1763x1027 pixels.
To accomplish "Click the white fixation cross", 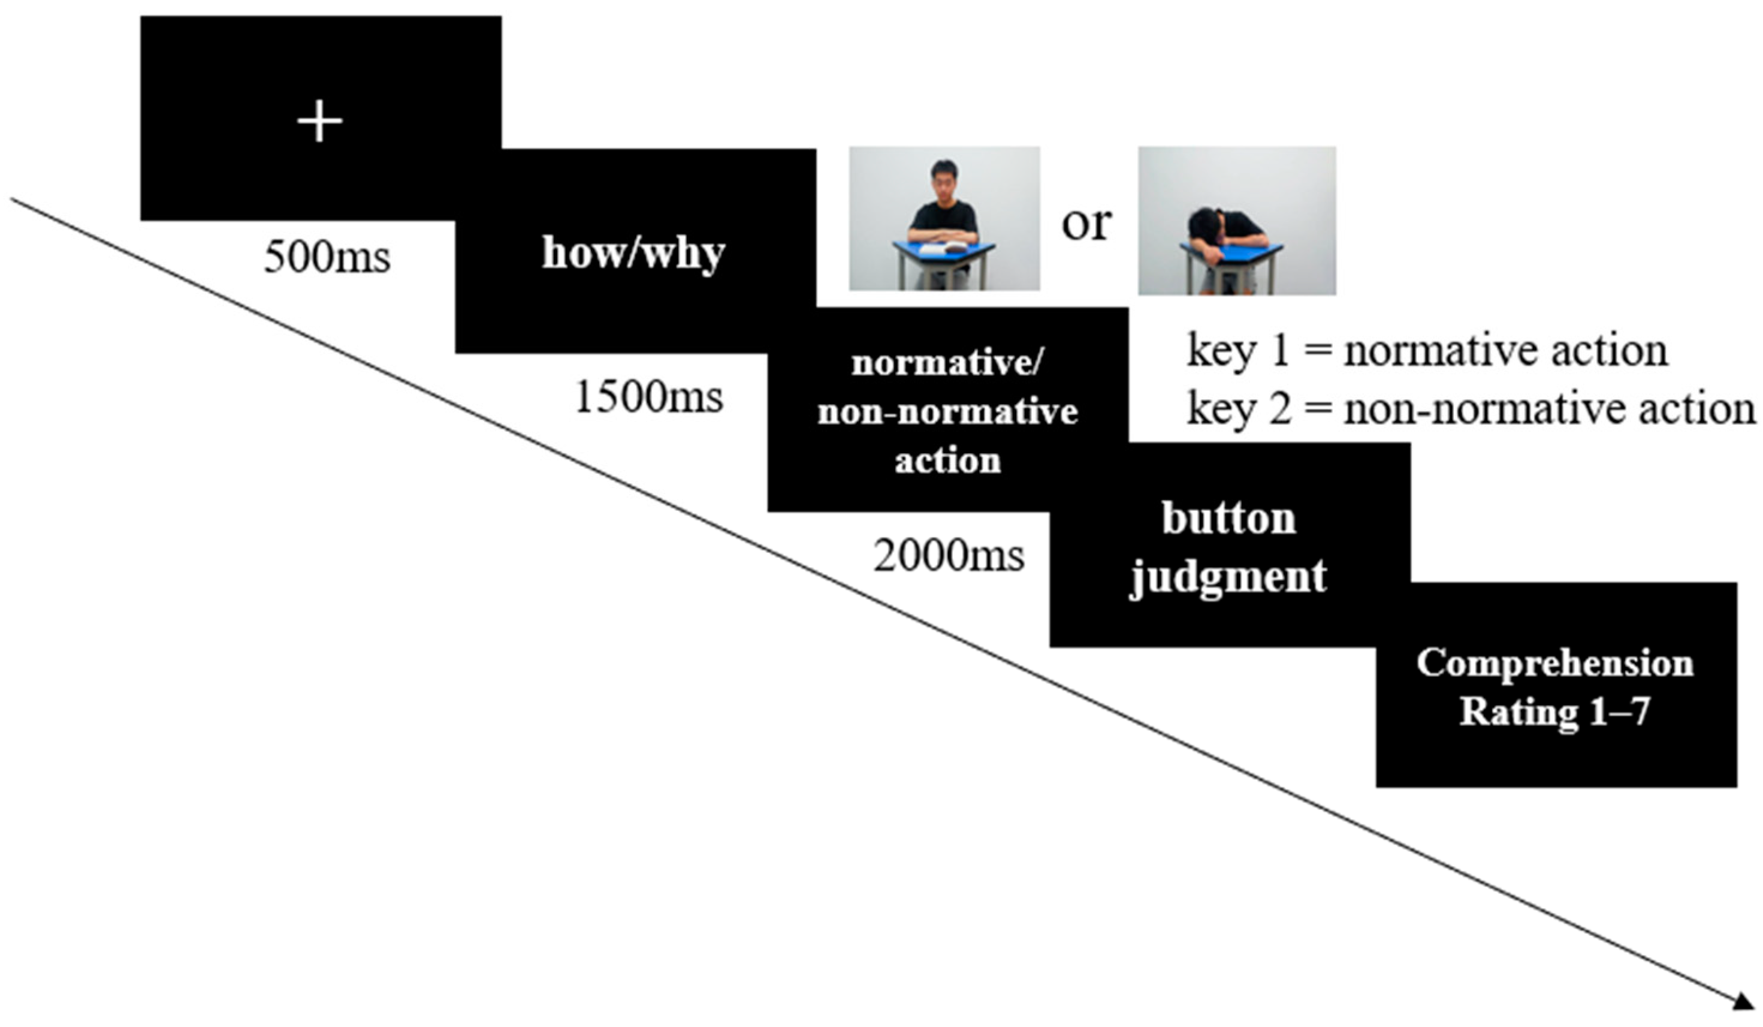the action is (320, 121).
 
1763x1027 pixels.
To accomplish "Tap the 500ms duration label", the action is (327, 257).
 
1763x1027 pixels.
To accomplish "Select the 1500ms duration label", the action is (648, 397).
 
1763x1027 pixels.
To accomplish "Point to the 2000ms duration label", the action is (949, 556).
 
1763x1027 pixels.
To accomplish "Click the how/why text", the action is (633, 253).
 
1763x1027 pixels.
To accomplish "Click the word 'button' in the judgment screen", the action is (1229, 519).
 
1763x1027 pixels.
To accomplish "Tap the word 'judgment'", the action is (1229, 577).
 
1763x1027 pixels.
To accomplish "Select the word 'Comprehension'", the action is (1555, 662).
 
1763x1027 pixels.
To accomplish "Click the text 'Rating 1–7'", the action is (1555, 712).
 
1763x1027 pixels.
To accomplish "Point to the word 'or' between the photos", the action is (1086, 224).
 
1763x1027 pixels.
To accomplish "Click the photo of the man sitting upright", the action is (944, 218).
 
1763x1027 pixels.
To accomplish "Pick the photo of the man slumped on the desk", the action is (1237, 221).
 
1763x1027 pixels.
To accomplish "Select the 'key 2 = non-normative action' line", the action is (1471, 409).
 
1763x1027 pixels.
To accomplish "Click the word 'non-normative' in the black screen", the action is (948, 412).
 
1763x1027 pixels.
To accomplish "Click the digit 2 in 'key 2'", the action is (1279, 409).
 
